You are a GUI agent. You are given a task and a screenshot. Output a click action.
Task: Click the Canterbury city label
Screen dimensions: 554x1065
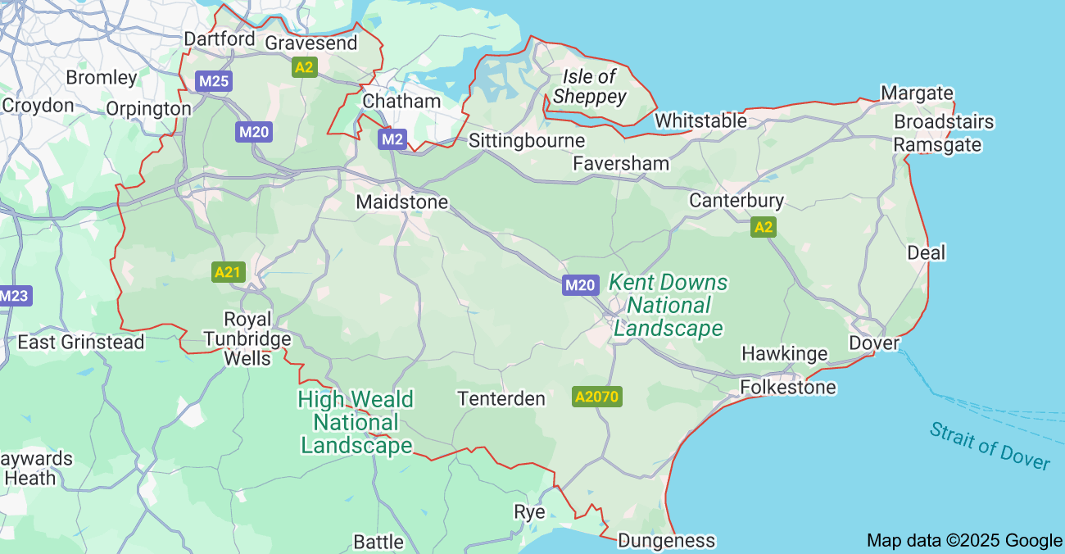(736, 200)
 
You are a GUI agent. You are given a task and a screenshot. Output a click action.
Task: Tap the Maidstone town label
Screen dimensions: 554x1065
(401, 202)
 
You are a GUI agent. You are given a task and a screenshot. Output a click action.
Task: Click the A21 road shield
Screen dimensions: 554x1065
(228, 272)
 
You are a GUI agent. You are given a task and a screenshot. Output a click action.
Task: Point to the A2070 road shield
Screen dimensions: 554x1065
(597, 397)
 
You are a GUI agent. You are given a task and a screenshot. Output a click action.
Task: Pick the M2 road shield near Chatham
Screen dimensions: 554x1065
(392, 139)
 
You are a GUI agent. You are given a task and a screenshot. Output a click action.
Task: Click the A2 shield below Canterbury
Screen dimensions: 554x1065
(763, 227)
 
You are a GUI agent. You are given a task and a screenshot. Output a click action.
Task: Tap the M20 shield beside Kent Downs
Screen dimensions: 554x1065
(579, 285)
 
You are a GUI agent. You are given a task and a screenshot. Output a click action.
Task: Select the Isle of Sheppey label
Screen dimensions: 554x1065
(589, 87)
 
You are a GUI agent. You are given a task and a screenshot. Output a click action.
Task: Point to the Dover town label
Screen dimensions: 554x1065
(873, 343)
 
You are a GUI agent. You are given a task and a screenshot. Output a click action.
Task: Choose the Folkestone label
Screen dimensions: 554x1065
(788, 387)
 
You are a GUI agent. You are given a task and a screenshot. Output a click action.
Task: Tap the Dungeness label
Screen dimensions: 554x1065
(665, 540)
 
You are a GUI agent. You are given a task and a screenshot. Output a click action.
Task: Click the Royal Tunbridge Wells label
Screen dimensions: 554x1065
(247, 338)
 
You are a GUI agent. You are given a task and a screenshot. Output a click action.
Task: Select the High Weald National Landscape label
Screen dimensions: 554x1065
(356, 422)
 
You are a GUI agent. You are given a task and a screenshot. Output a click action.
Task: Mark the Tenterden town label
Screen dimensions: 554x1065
(501, 398)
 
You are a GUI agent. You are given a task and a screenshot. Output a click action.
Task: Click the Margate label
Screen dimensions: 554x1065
(917, 93)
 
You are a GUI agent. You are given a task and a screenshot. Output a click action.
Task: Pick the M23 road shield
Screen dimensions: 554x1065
(15, 296)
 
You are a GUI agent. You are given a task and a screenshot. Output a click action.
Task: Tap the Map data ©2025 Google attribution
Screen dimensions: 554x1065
(963, 540)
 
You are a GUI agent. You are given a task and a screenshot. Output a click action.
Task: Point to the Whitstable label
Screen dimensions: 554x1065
(700, 120)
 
